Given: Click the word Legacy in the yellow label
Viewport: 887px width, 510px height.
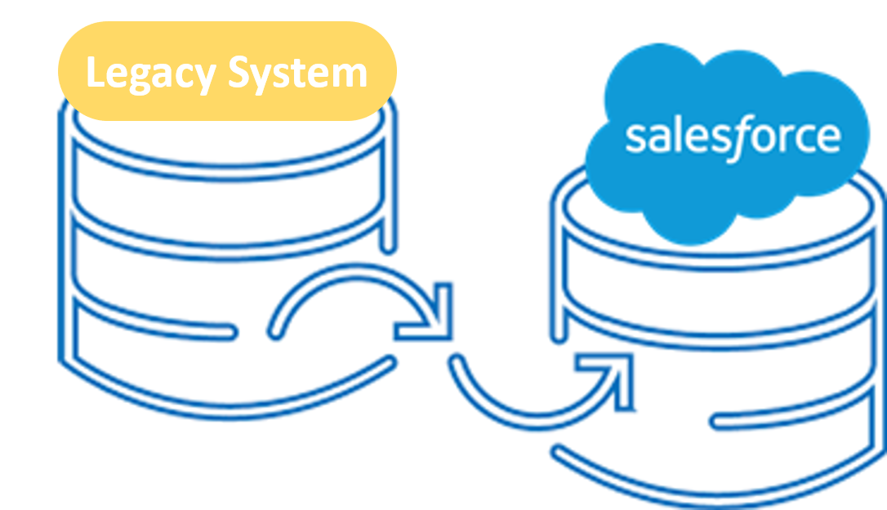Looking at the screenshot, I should coord(151,74).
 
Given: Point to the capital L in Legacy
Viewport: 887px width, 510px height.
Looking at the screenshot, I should coord(96,74).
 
